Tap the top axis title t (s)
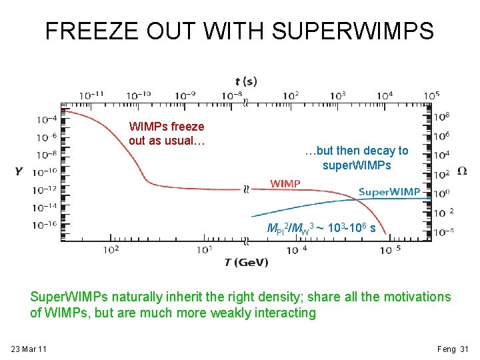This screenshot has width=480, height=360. tap(245, 81)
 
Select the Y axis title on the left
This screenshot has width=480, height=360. tap(19, 172)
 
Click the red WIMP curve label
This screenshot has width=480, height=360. tap(285, 183)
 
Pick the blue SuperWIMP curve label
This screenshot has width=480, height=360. tap(389, 192)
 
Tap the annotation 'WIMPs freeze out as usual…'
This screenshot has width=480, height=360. tap(167, 133)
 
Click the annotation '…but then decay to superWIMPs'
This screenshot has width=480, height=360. tap(356, 158)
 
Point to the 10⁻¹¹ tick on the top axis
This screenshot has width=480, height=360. tap(91, 95)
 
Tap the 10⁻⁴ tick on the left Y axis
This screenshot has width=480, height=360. tap(47, 119)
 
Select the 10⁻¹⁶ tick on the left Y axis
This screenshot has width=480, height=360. tap(47, 225)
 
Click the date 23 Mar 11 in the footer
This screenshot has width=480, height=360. tap(29, 349)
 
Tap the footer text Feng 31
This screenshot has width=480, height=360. tap(453, 349)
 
